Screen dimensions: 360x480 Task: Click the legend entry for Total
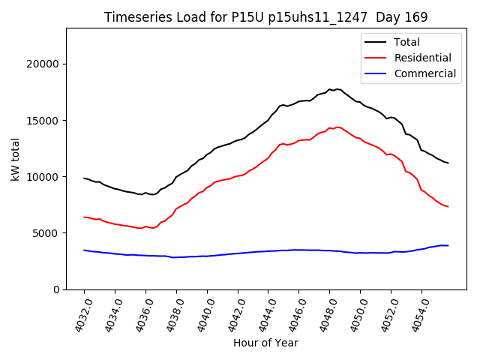coord(407,42)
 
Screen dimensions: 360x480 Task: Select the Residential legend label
coord(424,58)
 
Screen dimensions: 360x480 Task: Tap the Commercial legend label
coord(425,73)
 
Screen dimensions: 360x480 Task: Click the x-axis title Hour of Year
coord(265,343)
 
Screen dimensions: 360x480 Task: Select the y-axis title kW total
coord(15,159)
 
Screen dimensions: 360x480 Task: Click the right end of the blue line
coord(448,245)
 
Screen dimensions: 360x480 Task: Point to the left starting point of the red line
coord(84,217)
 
